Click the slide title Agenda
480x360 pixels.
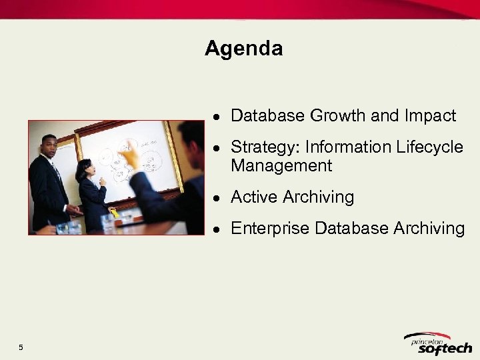[x=243, y=49]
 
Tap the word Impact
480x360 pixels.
[x=430, y=116]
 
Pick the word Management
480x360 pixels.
[x=281, y=165]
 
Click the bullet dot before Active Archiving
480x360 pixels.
[x=217, y=198]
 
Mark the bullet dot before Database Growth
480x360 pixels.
[x=217, y=117]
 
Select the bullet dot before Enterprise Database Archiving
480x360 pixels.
[x=217, y=229]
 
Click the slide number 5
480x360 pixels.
[x=21, y=347]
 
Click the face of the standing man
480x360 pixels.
[x=49, y=145]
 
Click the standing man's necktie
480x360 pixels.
[x=57, y=172]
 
